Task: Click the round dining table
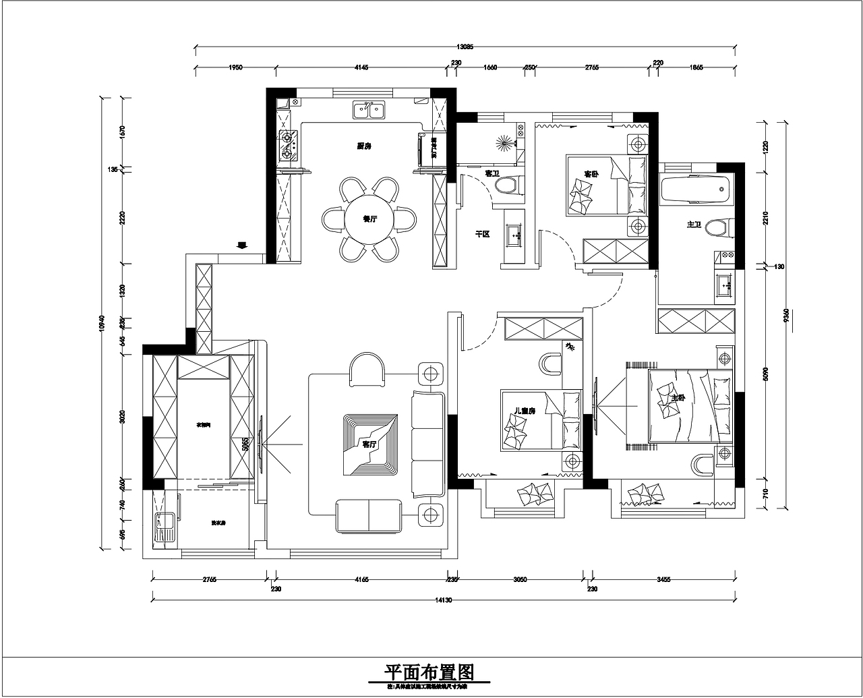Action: coord(368,220)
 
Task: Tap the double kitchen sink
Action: coord(368,109)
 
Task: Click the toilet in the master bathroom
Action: coord(719,228)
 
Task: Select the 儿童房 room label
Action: coord(524,411)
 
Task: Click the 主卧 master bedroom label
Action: coord(678,399)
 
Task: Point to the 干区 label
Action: coord(482,234)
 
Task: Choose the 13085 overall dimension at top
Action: coord(465,47)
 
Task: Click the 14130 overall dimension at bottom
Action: coord(444,600)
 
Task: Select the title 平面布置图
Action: coord(429,672)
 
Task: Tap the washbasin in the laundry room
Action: coord(164,523)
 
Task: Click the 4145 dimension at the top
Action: coord(361,67)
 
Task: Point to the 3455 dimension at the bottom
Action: coord(663,579)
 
